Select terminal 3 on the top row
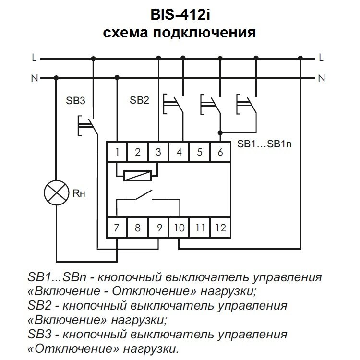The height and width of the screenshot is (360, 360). coord(158,153)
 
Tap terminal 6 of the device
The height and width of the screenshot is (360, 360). coord(220,153)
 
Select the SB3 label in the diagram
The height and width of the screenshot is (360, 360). coord(75,101)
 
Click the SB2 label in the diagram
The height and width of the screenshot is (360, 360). coord(140,101)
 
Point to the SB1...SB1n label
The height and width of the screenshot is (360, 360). coord(264,144)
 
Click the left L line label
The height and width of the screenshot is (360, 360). coord(34,58)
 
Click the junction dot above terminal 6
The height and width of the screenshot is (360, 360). coord(220,132)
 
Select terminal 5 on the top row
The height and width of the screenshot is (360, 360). coord(200,153)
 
